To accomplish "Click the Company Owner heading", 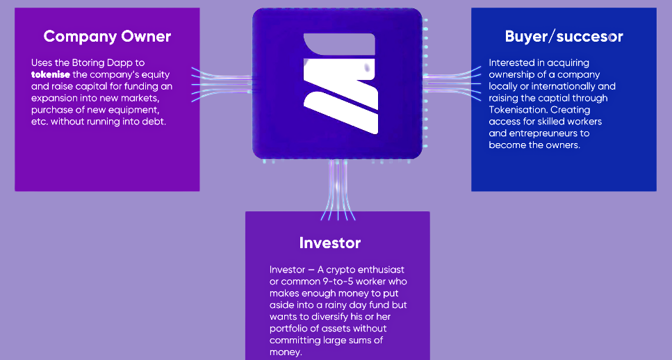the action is coord(107,36).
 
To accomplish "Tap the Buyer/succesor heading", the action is coord(564,36).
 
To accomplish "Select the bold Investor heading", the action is coord(330,243).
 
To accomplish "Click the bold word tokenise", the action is coord(51,74).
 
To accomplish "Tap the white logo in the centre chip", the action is coord(341,83).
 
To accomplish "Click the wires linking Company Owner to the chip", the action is coord(222,84).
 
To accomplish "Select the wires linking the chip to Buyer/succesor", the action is coord(452,83).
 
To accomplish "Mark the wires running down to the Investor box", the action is coord(338,190).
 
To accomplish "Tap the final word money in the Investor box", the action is coord(285,352).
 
